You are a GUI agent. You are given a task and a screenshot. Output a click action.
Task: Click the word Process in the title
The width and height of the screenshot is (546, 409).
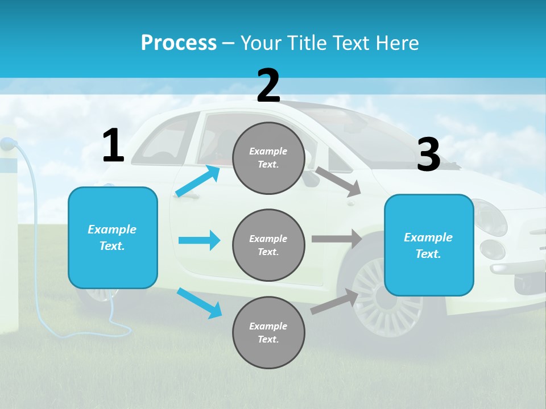(179, 43)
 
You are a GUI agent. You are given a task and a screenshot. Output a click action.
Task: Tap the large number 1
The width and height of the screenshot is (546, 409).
(113, 146)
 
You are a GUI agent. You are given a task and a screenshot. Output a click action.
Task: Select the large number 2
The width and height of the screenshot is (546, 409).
(268, 86)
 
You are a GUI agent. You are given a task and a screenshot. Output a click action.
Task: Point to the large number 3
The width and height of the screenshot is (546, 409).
(428, 155)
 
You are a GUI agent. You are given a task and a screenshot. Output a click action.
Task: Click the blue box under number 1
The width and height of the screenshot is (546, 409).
(113, 237)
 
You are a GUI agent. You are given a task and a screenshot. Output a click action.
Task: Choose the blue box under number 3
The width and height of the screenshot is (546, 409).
(429, 245)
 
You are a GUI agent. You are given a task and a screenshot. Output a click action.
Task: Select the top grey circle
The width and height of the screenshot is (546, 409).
(268, 158)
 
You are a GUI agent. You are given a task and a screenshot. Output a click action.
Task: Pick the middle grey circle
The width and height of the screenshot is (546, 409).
(268, 245)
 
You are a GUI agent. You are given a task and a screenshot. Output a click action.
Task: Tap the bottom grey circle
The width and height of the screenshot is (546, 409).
(268, 332)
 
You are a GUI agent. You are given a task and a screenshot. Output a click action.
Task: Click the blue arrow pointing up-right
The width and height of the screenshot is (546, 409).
(198, 181)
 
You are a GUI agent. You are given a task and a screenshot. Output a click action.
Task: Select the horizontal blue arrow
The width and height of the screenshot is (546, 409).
(199, 240)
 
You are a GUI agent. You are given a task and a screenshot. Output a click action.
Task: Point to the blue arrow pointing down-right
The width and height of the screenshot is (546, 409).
(199, 303)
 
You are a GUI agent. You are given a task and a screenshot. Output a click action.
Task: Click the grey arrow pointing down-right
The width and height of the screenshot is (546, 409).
(338, 181)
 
